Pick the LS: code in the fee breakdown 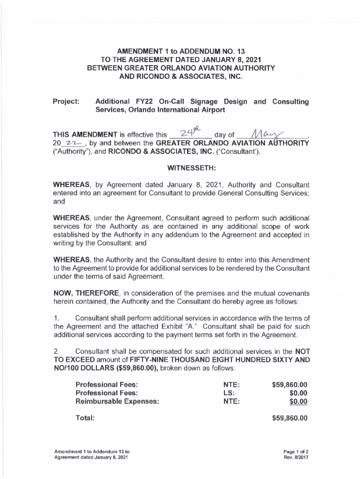click(x=230, y=393)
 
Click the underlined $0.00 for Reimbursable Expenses click(x=298, y=401)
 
